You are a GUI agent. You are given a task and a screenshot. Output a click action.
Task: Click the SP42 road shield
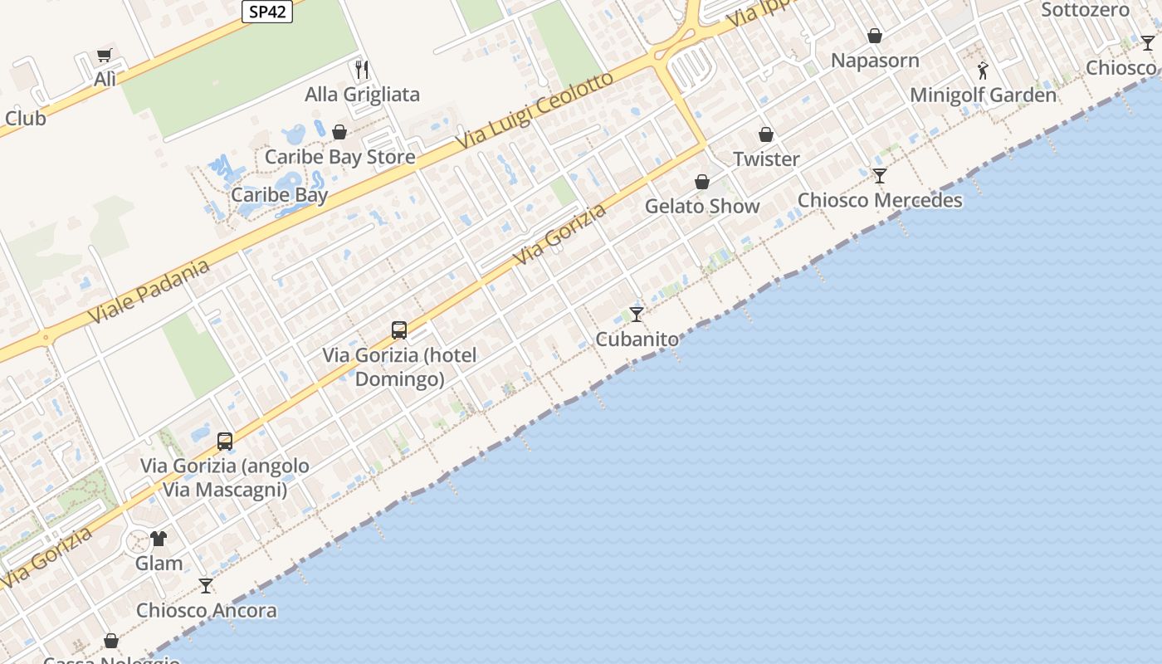pyautogui.click(x=267, y=12)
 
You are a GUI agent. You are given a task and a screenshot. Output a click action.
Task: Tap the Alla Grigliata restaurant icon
pyautogui.click(x=361, y=69)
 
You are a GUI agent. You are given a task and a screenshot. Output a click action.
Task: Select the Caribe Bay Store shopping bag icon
pyautogui.click(x=339, y=132)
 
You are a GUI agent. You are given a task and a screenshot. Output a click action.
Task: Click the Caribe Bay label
pyautogui.click(x=279, y=195)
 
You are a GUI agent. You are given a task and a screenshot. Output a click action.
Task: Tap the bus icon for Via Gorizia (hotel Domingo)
pyautogui.click(x=399, y=330)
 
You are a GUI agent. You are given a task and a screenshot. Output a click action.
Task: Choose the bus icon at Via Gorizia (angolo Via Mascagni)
pyautogui.click(x=225, y=441)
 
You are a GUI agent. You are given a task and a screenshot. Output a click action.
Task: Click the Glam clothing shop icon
pyautogui.click(x=159, y=539)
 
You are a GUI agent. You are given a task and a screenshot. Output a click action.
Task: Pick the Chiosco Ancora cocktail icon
pyautogui.click(x=206, y=586)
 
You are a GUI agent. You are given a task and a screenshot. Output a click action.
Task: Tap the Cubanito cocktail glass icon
pyautogui.click(x=637, y=315)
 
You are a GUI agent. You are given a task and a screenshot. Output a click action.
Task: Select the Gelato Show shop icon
pyautogui.click(x=702, y=182)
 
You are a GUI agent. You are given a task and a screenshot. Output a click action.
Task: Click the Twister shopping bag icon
pyautogui.click(x=766, y=134)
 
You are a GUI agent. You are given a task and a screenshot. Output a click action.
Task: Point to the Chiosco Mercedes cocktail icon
pyautogui.click(x=880, y=176)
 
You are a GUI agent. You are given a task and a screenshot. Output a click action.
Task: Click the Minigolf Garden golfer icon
pyautogui.click(x=983, y=71)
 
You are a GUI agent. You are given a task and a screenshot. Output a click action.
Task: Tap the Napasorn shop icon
pyautogui.click(x=875, y=36)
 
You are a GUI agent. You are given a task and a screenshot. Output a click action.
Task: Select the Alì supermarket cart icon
pyautogui.click(x=105, y=56)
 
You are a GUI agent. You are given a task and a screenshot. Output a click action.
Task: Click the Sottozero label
pyautogui.click(x=1085, y=10)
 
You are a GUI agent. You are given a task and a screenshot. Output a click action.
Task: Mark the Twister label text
pyautogui.click(x=766, y=159)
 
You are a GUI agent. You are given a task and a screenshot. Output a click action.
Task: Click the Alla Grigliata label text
pyautogui.click(x=362, y=95)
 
